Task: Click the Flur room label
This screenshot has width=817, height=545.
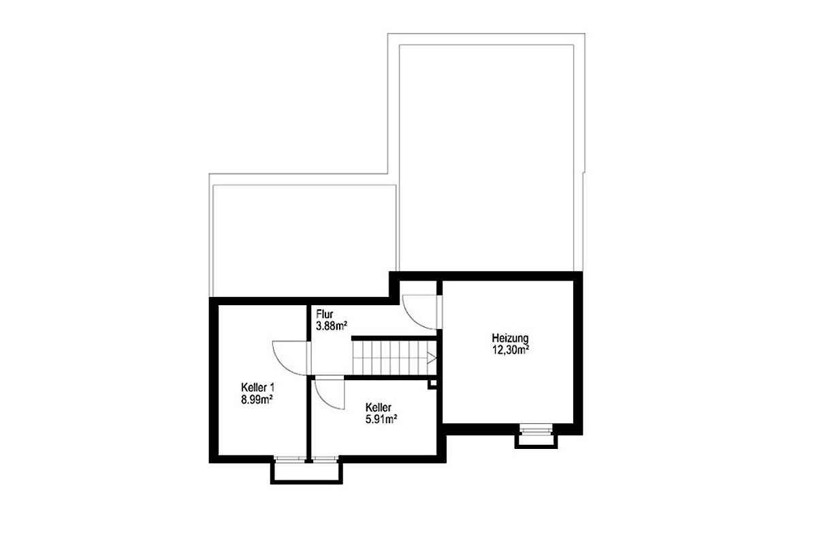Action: pos(325,313)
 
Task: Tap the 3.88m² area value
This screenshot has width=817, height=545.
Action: pos(331,326)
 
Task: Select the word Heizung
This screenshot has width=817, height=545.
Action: pos(510,339)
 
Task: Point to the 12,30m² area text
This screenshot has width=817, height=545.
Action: pos(511,350)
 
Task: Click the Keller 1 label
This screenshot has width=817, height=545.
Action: pos(257,388)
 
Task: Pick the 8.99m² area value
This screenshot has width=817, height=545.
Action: pos(257,400)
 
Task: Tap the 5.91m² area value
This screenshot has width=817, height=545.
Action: pos(381,420)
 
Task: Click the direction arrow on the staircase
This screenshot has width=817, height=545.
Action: pos(432,358)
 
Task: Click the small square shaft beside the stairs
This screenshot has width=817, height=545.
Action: pos(432,384)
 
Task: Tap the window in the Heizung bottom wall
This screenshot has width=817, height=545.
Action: pos(536,429)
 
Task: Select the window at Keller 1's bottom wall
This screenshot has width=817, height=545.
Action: pos(290,459)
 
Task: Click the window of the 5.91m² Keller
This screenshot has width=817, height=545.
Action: pos(325,459)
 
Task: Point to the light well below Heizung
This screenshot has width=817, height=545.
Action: pos(536,441)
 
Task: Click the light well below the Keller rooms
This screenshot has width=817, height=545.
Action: pos(306,473)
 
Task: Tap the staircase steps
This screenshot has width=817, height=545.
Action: pos(394,358)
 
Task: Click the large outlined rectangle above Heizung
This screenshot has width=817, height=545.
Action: pos(487,157)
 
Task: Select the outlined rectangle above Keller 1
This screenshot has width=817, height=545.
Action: pos(304,241)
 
